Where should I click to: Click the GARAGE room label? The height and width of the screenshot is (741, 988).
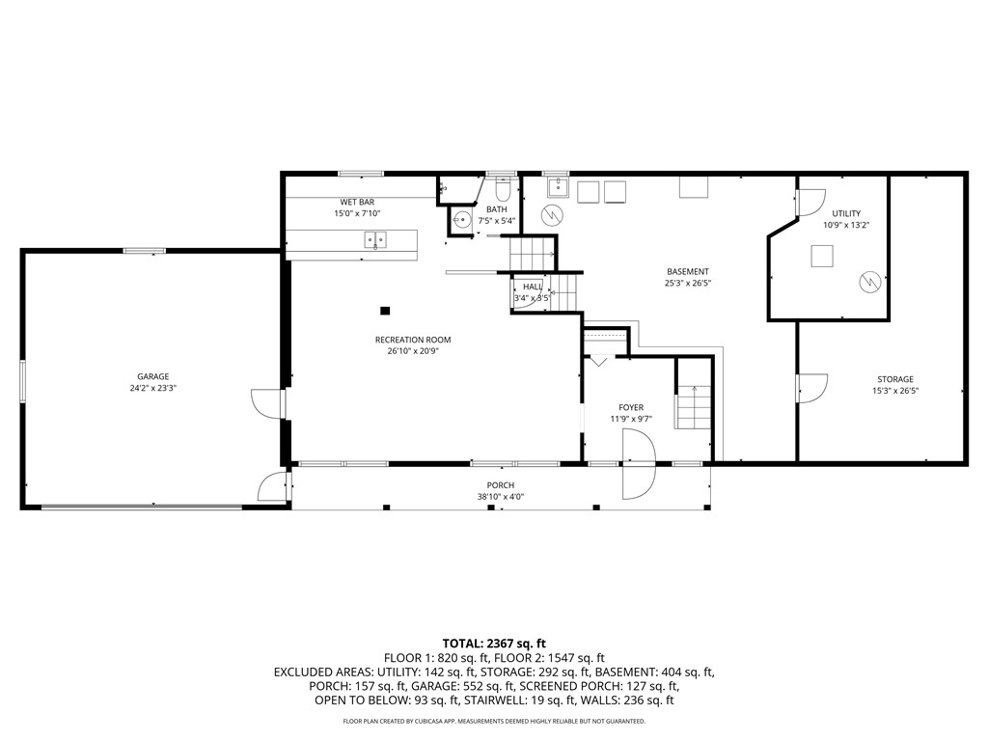point(152,376)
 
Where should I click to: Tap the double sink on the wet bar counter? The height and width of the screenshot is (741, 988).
point(375,239)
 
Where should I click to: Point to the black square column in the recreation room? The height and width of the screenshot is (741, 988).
point(385,311)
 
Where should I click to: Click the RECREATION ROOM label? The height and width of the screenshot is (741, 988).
point(413,340)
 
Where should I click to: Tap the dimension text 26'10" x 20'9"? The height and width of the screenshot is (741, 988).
point(413,351)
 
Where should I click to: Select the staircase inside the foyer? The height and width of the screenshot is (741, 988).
point(693,405)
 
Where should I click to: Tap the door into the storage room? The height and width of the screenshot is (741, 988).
point(810,388)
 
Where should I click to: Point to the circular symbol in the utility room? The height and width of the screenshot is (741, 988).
point(869,282)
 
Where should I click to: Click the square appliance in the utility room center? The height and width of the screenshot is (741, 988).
point(822,256)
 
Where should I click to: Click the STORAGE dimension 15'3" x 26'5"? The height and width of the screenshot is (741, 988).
point(894,391)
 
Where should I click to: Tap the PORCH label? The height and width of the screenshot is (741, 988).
point(500,485)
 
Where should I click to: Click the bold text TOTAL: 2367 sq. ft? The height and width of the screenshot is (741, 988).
point(494,643)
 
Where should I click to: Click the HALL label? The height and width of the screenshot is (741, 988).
point(532,287)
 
